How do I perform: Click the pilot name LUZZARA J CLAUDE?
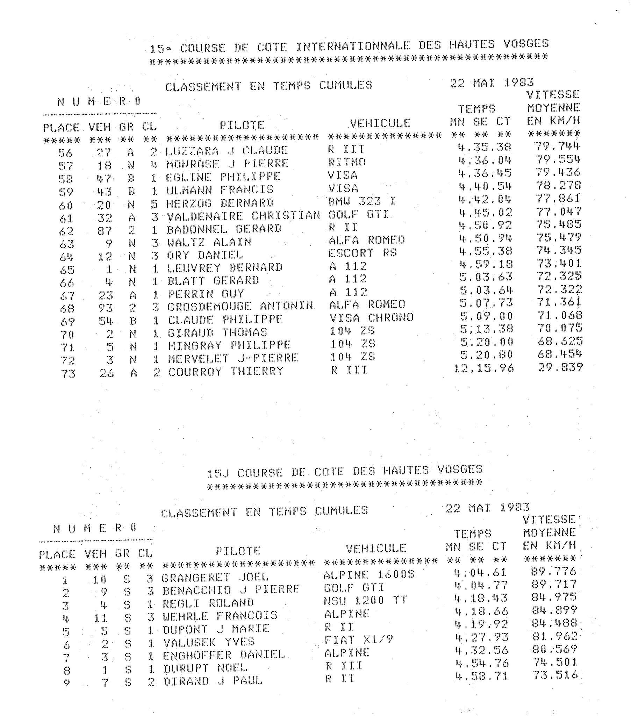click(x=226, y=151)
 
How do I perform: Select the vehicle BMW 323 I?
click(x=362, y=201)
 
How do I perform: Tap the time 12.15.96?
click(x=484, y=368)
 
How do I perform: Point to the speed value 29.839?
click(x=560, y=367)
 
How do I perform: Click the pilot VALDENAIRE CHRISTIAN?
click(x=243, y=215)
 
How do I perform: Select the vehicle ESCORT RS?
click(x=363, y=253)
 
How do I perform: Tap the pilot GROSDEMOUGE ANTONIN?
click(x=240, y=306)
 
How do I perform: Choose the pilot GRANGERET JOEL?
click(x=215, y=577)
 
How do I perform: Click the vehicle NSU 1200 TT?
click(x=365, y=600)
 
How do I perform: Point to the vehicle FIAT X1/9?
click(x=358, y=640)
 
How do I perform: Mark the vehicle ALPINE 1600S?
click(x=369, y=575)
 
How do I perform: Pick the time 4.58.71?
click(x=481, y=676)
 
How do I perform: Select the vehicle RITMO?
click(x=347, y=162)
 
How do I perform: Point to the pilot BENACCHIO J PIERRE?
click(x=231, y=589)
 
